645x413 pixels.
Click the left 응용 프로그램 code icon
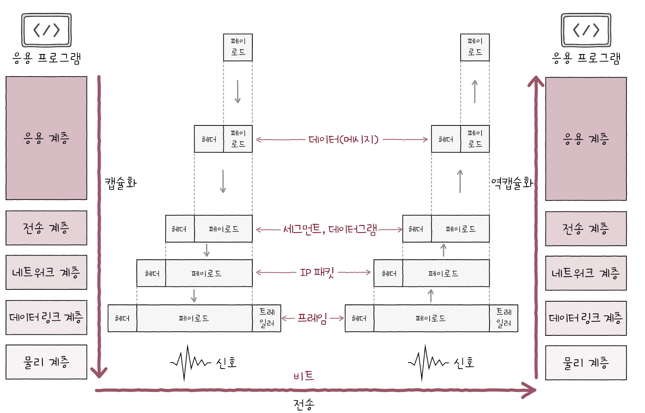[x=47, y=30]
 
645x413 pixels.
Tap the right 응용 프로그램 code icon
[x=586, y=30]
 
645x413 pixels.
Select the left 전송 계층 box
[x=46, y=228]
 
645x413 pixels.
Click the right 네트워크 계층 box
[x=586, y=273]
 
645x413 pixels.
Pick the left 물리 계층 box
[x=46, y=362]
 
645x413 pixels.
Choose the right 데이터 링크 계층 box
[x=586, y=318]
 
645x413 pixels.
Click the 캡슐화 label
[x=121, y=183]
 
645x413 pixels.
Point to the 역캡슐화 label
[x=512, y=183]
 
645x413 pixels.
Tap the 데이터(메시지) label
[x=343, y=140]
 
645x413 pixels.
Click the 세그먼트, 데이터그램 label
[x=330, y=229]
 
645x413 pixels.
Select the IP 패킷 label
[x=317, y=272]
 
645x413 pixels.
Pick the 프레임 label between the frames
[x=312, y=318]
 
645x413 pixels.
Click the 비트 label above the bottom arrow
[x=303, y=376]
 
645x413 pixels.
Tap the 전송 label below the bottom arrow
[x=303, y=404]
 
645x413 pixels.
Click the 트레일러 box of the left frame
[x=266, y=318]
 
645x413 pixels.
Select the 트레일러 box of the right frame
[x=503, y=318]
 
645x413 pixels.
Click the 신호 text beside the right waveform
[x=464, y=363]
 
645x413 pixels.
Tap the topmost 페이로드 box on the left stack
[x=238, y=47]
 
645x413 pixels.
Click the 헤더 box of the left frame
[x=122, y=318]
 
